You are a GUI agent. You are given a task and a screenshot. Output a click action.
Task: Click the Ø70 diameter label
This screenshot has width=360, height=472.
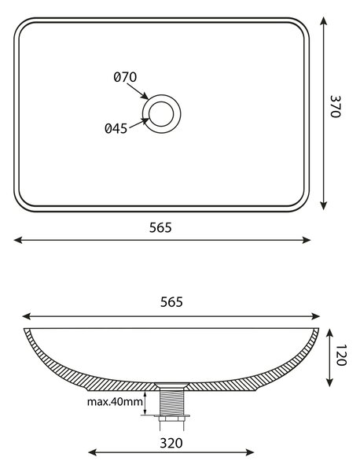tap(125, 77)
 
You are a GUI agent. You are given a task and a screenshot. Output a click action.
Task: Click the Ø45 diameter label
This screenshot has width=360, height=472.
tap(116, 128)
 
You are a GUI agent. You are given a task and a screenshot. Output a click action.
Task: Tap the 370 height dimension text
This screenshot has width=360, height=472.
tap(335, 106)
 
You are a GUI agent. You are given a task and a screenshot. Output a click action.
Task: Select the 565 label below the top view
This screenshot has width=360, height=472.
tap(160, 227)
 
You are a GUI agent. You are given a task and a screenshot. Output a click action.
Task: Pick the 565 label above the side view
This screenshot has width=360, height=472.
tap(171, 302)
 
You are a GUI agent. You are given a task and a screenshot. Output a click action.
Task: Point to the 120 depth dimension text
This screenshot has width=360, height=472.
tap(341, 355)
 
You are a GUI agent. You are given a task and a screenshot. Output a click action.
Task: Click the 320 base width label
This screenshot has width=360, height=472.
tap(171, 443)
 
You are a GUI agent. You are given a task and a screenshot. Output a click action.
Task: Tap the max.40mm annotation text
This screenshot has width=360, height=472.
tap(115, 401)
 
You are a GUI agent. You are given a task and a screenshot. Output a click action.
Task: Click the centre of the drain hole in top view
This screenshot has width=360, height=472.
tap(161, 114)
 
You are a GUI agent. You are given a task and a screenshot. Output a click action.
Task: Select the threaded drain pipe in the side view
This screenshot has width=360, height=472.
tap(171, 401)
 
